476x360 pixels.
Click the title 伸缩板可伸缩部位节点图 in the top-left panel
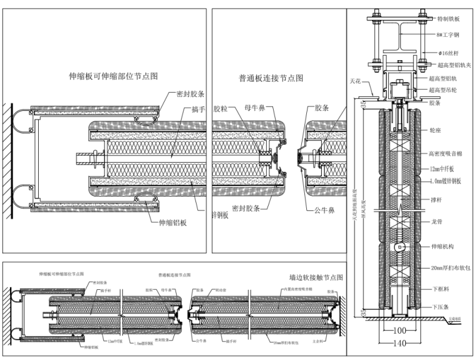[x=113, y=76]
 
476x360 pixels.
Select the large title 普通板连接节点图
[x=271, y=78]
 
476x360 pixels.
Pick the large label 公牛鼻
[x=326, y=210]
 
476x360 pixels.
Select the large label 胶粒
[x=221, y=108]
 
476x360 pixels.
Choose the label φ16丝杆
[x=450, y=53]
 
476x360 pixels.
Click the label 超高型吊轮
[x=447, y=90]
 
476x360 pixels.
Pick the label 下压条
[x=441, y=308]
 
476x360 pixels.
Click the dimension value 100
[x=398, y=331]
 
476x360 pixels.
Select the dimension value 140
[x=399, y=343]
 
